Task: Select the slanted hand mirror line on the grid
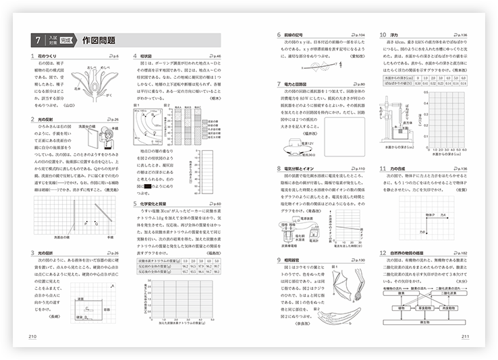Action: coord(99,211)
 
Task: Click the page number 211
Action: coord(465,338)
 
